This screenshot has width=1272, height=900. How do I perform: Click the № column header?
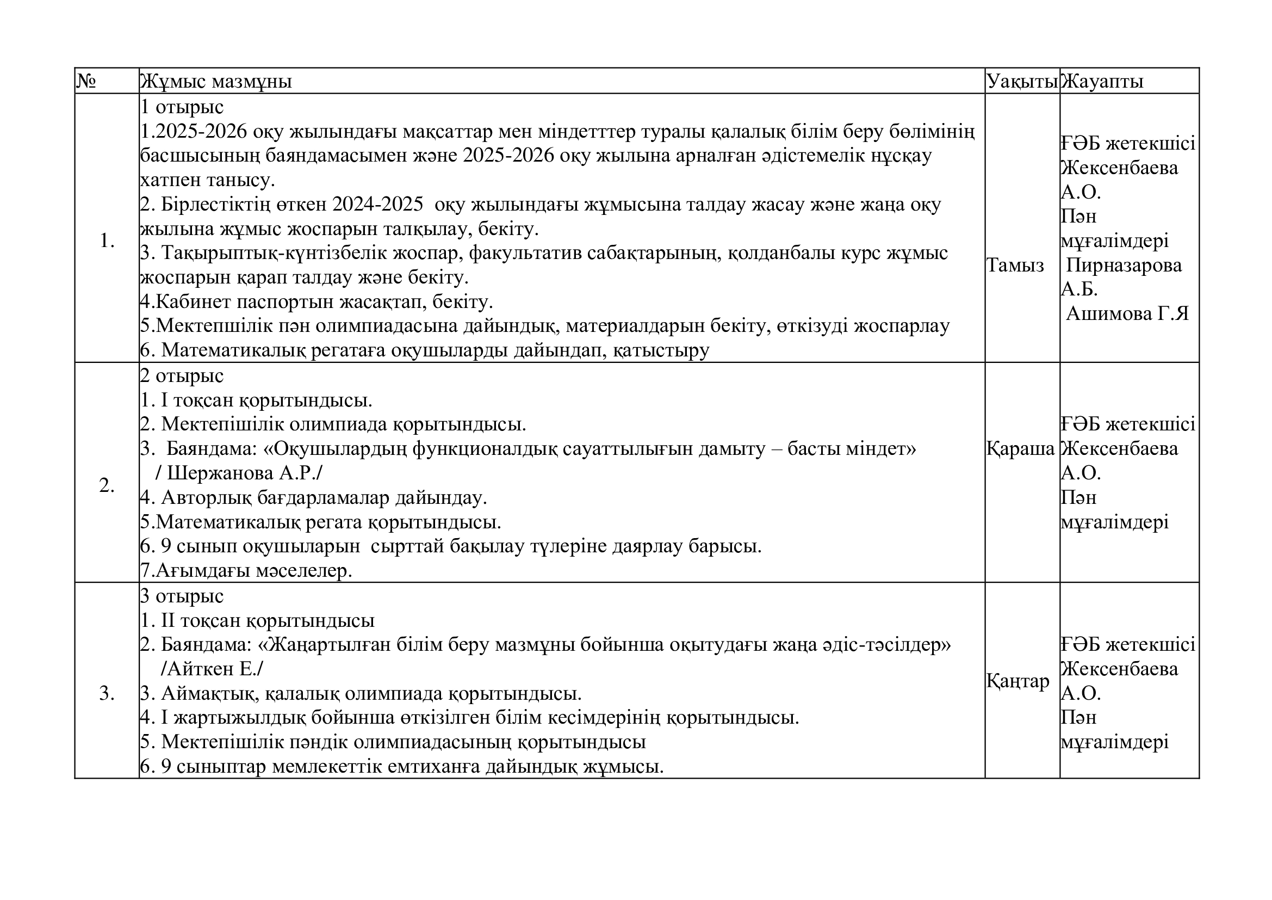(86, 82)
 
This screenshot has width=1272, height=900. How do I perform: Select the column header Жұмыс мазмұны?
(216, 82)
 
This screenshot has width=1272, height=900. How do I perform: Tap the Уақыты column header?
(1022, 82)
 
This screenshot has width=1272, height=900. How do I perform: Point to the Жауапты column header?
(1102, 82)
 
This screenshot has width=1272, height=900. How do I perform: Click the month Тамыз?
(1015, 266)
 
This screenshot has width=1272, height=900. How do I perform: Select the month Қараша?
(1020, 449)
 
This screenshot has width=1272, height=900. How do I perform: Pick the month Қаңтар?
(1017, 681)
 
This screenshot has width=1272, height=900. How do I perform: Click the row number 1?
(107, 241)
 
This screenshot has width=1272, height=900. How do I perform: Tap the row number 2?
(107, 486)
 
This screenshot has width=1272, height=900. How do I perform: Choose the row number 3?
(107, 694)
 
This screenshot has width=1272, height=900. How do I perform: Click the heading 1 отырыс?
(182, 107)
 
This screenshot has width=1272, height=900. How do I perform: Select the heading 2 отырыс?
(182, 376)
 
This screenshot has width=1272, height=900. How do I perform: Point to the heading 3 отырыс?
(182, 596)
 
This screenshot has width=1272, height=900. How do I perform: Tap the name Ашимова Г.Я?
(1127, 314)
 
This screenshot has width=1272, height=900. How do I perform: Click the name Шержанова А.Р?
(239, 474)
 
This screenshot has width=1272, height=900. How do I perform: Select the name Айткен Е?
(212, 669)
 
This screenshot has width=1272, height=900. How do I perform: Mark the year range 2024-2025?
(378, 205)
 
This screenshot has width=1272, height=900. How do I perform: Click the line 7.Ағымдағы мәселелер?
(246, 571)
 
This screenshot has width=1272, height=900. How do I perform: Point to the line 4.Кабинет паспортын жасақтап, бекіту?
(317, 302)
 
